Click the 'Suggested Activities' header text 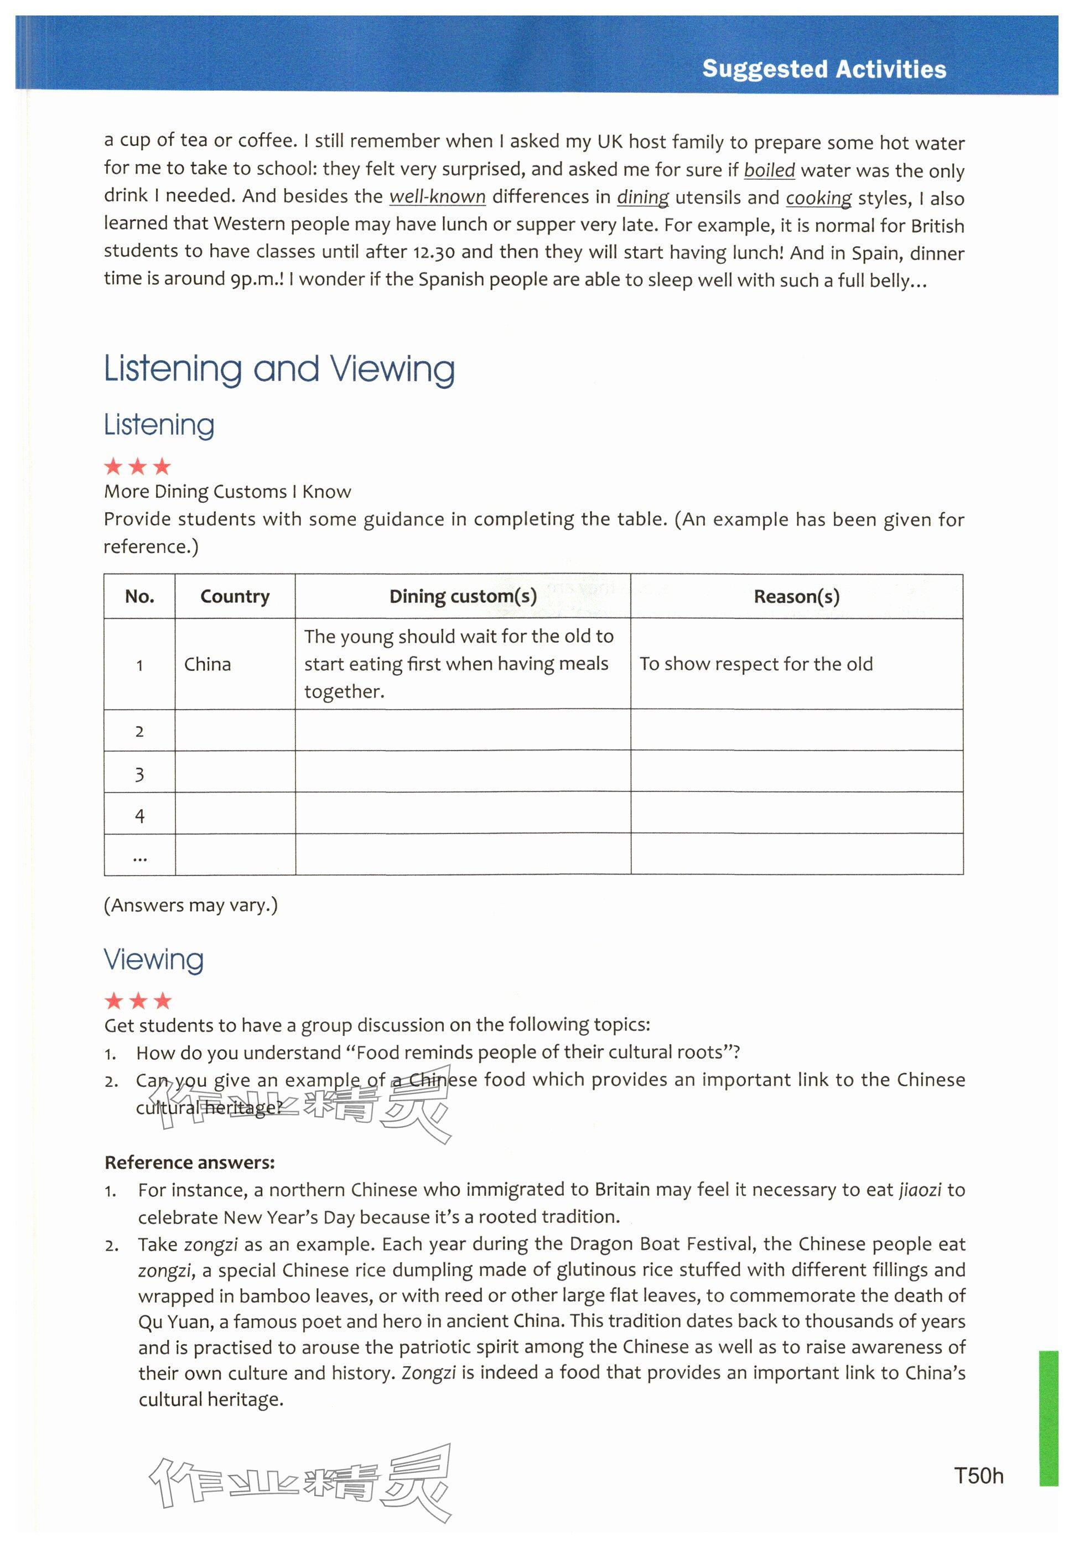824,69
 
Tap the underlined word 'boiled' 769,170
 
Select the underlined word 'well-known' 438,197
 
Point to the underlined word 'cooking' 818,199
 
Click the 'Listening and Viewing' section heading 279,369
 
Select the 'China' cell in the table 207,664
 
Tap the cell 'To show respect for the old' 756,664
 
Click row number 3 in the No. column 139,774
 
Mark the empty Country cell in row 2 235,731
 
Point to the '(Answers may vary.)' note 190,905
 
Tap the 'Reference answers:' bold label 190,1162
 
